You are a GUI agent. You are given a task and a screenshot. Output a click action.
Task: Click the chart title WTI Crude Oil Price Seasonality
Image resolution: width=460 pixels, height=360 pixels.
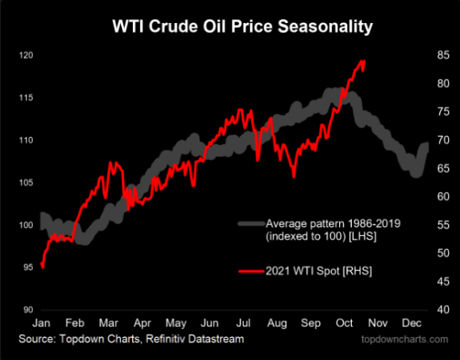pyautogui.click(x=243, y=27)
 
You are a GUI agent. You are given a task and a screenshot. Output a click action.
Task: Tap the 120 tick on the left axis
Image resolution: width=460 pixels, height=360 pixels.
pyautogui.click(x=26, y=55)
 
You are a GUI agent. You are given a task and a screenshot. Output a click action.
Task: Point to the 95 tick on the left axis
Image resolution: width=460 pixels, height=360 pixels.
pyautogui.click(x=28, y=268)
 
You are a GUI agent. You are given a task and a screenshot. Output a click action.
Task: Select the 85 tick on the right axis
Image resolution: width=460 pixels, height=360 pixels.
pyautogui.click(x=443, y=55)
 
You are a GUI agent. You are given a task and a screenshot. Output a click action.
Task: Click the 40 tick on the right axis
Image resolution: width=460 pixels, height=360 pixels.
pyautogui.click(x=443, y=310)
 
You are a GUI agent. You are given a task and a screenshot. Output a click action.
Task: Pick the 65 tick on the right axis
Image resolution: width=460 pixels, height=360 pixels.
pyautogui.click(x=443, y=168)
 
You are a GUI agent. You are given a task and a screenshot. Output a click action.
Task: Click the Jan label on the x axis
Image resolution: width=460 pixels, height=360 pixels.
pyautogui.click(x=41, y=323)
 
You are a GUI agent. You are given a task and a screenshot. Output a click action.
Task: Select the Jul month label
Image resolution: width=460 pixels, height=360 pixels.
pyautogui.click(x=244, y=323)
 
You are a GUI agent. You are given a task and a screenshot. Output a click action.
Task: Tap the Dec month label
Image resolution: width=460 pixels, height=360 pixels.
pyautogui.click(x=411, y=323)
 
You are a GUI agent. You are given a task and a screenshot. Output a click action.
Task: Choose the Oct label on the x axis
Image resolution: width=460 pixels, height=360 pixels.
pyautogui.click(x=344, y=323)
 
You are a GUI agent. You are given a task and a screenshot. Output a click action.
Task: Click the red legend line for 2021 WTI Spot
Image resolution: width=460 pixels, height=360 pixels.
pyautogui.click(x=251, y=272)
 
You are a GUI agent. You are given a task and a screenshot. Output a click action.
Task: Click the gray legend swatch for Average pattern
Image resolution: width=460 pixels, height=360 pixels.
pyautogui.click(x=251, y=224)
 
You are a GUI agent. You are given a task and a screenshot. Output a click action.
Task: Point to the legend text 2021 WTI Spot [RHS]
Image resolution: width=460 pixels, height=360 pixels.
pyautogui.click(x=318, y=271)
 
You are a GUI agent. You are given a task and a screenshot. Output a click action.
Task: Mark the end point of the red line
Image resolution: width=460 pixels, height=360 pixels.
pyautogui.click(x=364, y=61)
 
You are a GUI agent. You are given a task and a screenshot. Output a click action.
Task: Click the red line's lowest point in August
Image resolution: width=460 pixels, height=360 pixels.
pyautogui.click(x=294, y=177)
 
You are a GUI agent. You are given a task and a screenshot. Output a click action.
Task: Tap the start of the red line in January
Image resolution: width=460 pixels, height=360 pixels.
pyautogui.click(x=41, y=263)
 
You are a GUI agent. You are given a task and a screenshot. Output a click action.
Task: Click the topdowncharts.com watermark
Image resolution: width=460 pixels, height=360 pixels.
pyautogui.click(x=404, y=339)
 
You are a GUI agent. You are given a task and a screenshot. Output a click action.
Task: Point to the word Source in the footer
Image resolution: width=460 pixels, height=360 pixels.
pyautogui.click(x=37, y=338)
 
